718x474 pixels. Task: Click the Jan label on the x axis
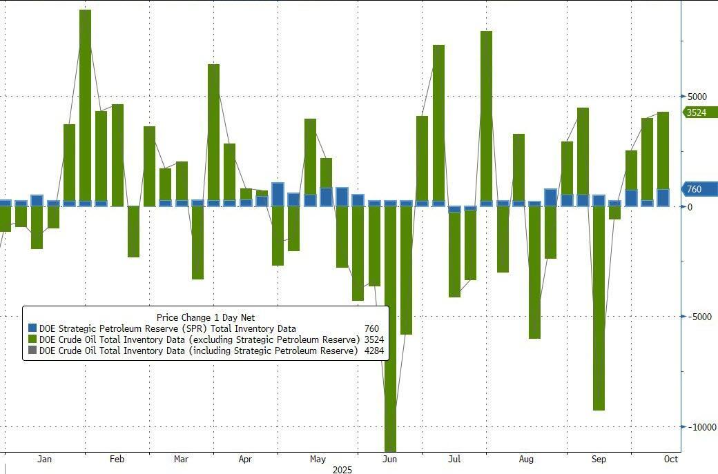[44, 459]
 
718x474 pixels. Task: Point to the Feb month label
[117, 459]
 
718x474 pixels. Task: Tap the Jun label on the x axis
[389, 459]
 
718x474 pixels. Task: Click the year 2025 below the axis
[342, 470]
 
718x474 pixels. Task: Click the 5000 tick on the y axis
[698, 97]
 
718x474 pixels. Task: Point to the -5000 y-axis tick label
[699, 317]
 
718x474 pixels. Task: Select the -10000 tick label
[701, 427]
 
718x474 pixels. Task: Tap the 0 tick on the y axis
[690, 207]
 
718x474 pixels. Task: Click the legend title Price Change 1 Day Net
[206, 317]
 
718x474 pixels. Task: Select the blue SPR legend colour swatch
[32, 328]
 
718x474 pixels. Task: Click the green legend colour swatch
[32, 339]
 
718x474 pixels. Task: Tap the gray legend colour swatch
[32, 350]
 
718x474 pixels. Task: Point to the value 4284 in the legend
[373, 350]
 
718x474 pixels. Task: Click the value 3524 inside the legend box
[373, 339]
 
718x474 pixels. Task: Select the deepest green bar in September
[599, 308]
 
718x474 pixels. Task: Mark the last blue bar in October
[663, 198]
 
